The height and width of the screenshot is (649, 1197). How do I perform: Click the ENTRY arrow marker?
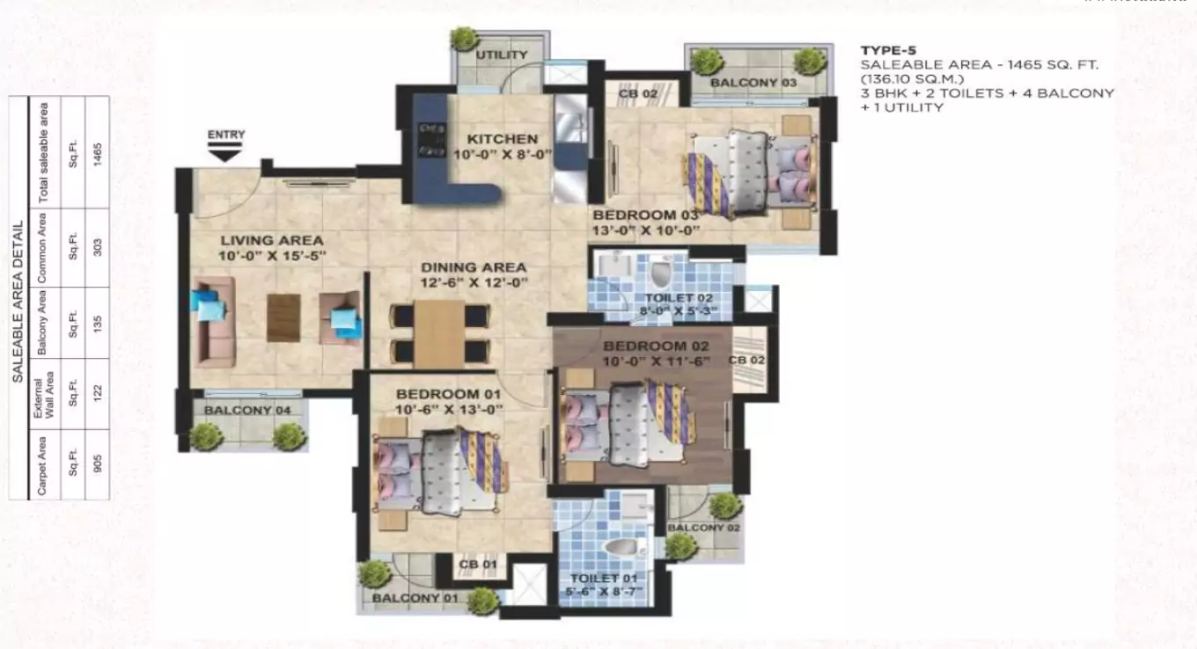click(x=226, y=154)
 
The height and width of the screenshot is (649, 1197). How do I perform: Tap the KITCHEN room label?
click(x=502, y=139)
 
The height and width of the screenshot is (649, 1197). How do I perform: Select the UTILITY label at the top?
click(x=502, y=55)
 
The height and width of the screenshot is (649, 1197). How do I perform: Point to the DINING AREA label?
click(x=474, y=267)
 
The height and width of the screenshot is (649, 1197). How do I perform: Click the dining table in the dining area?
click(x=439, y=333)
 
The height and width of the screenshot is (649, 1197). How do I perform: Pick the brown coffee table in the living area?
click(x=283, y=317)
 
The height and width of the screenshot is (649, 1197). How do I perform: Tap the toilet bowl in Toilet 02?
click(x=661, y=273)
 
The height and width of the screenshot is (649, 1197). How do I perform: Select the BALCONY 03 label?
click(x=753, y=83)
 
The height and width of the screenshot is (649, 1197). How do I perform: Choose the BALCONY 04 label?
click(x=240, y=410)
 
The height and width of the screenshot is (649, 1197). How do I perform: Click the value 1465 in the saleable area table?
click(x=98, y=152)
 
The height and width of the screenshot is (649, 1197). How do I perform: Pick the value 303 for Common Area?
click(x=98, y=248)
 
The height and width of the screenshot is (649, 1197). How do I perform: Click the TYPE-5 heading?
click(x=887, y=50)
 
